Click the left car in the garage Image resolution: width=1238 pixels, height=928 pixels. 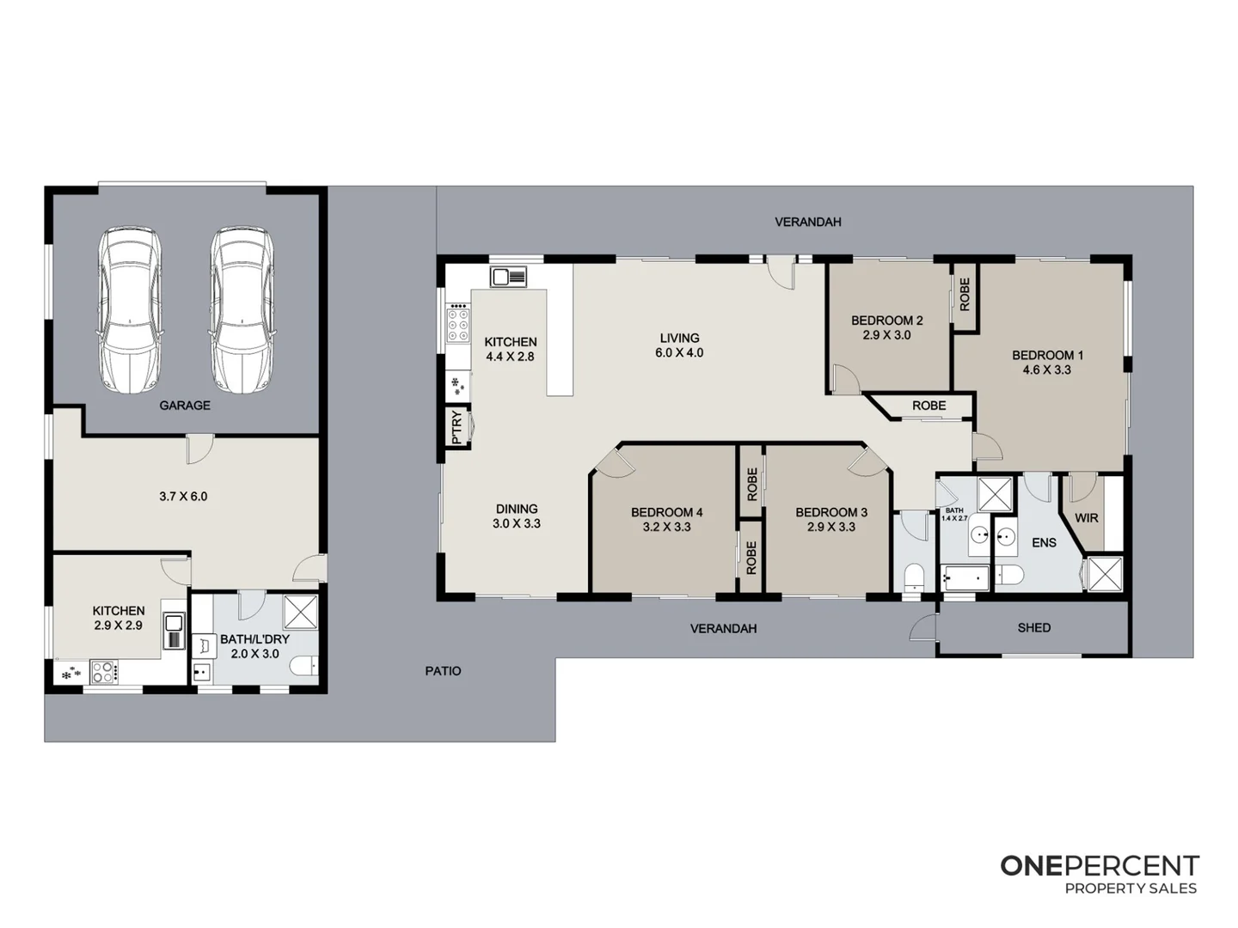[x=130, y=310]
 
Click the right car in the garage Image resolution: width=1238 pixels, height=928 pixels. [x=242, y=310]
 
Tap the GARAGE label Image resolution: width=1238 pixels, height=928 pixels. [x=185, y=406]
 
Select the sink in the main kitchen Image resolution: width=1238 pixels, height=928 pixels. [x=508, y=277]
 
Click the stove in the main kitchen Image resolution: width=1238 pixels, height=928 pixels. [x=458, y=326]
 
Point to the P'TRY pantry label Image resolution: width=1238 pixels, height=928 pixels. [x=457, y=427]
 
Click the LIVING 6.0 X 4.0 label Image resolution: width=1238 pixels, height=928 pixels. [x=679, y=345]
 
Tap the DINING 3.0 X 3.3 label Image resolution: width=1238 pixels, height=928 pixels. [x=516, y=516]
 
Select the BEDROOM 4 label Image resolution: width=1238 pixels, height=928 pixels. [x=666, y=513]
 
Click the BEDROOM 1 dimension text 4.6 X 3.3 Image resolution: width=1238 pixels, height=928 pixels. [x=1046, y=370]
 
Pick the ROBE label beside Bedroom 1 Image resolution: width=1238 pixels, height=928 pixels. [x=965, y=295]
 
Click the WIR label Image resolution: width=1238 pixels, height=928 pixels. [x=1087, y=518]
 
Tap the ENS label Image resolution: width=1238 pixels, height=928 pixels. [x=1044, y=543]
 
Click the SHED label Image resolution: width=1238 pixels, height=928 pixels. [x=1033, y=628]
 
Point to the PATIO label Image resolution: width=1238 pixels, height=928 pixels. [x=443, y=671]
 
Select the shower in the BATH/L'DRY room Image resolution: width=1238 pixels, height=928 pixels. [x=301, y=611]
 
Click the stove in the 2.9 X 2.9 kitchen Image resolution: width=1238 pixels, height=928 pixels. [x=104, y=671]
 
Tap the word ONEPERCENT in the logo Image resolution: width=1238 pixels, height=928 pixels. [x=1100, y=866]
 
